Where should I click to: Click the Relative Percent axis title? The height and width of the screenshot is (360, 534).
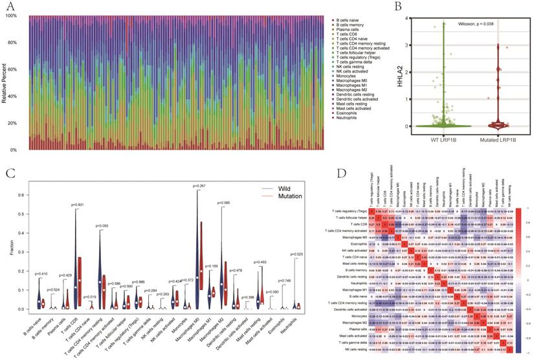6,83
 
